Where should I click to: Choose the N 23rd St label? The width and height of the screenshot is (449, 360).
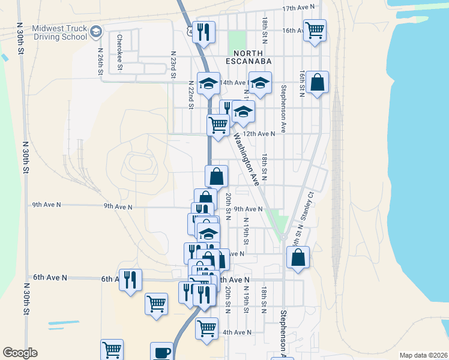[173, 64]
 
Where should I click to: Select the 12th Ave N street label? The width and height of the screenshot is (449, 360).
[259, 133]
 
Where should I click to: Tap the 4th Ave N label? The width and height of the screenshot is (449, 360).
[237, 332]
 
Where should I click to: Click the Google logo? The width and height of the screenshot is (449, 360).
[20, 353]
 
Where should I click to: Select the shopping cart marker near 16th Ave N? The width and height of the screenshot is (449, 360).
[314, 29]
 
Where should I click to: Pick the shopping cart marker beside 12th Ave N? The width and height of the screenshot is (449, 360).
[217, 125]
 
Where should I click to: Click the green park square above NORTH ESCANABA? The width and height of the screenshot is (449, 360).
[237, 41]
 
